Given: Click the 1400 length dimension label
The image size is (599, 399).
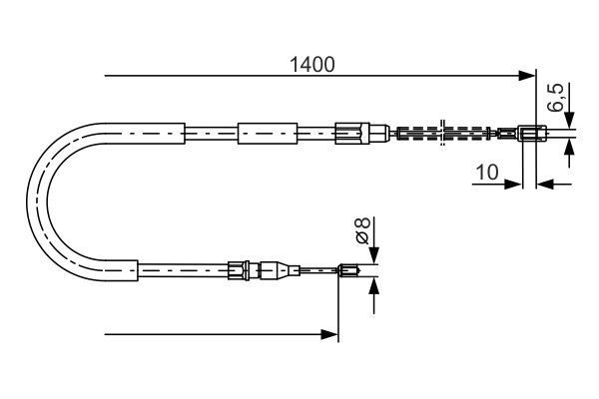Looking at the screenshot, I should [x=310, y=65].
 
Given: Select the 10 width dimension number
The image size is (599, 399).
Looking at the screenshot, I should [x=486, y=172].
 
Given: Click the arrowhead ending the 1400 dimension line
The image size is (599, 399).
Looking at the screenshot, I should [x=528, y=76].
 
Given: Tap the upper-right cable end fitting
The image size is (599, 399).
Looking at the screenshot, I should [x=532, y=133].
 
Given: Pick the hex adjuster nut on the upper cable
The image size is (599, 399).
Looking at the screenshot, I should [x=349, y=133].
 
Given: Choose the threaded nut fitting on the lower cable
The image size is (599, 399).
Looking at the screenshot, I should [x=237, y=268].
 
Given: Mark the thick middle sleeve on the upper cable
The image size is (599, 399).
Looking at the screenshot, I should [x=268, y=133].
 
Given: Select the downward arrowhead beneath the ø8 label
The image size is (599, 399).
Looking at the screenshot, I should [x=374, y=256].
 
